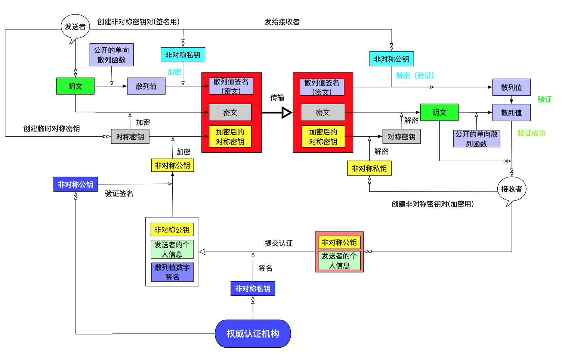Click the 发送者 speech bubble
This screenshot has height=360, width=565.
pyautogui.click(x=75, y=27)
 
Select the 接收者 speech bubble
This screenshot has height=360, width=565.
pyautogui.click(x=512, y=189)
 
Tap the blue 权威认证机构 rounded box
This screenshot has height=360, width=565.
pyautogui.click(x=253, y=333)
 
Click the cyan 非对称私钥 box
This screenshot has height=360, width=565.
pyautogui.click(x=183, y=55)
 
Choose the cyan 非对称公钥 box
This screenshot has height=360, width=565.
pyautogui.click(x=391, y=59)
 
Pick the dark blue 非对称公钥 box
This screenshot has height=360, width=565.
pyautogui.click(x=75, y=184)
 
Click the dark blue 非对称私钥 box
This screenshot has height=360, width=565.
pyautogui.click(x=253, y=289)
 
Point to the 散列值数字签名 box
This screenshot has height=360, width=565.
pyautogui.click(x=172, y=272)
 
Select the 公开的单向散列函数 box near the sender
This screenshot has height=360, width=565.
pyautogui.click(x=111, y=55)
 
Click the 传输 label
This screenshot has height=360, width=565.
pyautogui.click(x=277, y=97)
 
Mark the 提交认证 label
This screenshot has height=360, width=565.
pyautogui.click(x=278, y=243)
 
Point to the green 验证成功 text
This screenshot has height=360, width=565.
pyautogui.click(x=531, y=133)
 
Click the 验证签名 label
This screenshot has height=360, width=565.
pyautogui.click(x=119, y=193)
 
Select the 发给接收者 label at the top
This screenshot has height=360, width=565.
pyautogui.click(x=282, y=22)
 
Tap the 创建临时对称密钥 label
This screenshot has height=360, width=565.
pyautogui.click(x=52, y=128)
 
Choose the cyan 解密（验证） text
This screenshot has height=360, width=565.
pyautogui.click(x=415, y=75)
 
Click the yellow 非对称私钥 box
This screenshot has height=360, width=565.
pyautogui.click(x=369, y=168)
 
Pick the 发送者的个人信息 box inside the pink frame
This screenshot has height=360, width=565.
pyautogui.click(x=339, y=260)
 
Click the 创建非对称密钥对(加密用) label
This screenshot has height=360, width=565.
pyautogui.click(x=432, y=204)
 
